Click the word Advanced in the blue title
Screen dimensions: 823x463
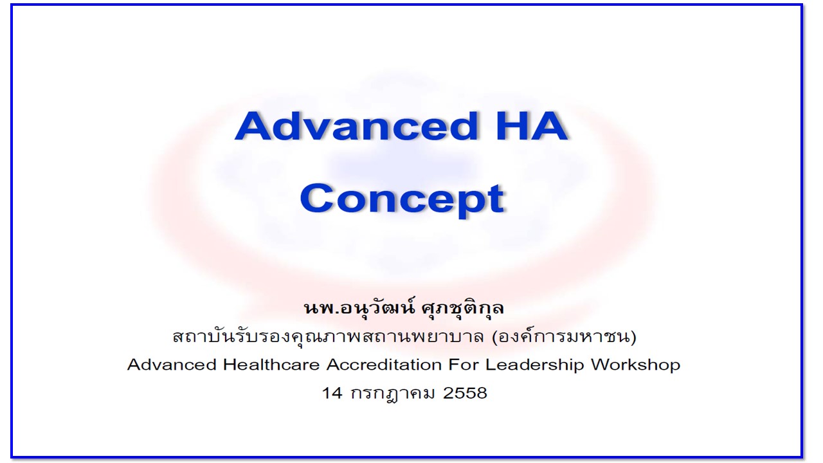tap(356, 125)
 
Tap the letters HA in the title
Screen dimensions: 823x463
tap(532, 127)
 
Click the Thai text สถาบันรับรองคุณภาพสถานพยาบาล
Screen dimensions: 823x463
tap(328, 336)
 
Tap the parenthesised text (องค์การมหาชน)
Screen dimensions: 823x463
tap(565, 336)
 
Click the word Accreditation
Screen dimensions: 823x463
tap(384, 365)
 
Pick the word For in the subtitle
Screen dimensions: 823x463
tap(463, 365)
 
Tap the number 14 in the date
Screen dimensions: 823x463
tap(332, 393)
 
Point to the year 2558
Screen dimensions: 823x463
tap(465, 393)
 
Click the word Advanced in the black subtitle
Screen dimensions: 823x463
tap(172, 365)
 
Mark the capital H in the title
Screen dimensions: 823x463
tap(511, 127)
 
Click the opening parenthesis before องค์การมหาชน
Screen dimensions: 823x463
tap(495, 336)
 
